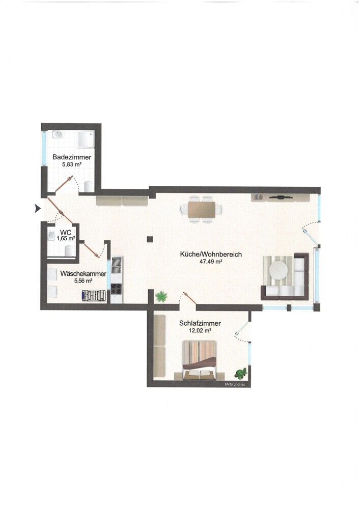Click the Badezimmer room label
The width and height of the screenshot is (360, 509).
coord(72,157)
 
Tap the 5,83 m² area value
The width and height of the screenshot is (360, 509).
coord(72,164)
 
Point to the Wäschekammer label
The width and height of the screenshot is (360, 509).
coord(83,274)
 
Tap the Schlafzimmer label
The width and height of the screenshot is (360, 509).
coord(200,323)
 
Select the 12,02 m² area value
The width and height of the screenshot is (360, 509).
coord(199,330)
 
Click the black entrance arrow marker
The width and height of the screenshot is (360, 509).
coord(37,208)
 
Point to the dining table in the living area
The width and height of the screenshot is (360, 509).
coord(202,209)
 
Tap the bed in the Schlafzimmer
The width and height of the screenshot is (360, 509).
coord(200,359)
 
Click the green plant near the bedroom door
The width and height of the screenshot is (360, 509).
coord(161,295)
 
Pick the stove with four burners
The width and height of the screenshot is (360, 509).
coord(117,288)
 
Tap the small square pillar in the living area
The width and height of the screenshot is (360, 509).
coord(149,239)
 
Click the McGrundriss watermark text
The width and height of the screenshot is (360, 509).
coord(235,384)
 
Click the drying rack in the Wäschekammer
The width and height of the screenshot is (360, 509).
coord(95,295)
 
